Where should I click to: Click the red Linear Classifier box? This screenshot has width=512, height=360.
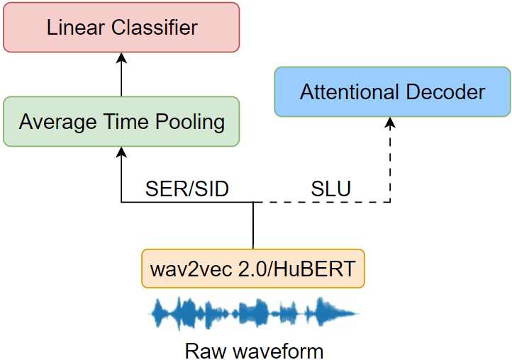(x=121, y=27)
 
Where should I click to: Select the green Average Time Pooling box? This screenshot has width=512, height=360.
(x=121, y=121)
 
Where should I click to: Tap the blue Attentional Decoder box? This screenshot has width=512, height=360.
(x=392, y=91)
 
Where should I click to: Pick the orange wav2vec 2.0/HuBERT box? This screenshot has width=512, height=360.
(x=253, y=269)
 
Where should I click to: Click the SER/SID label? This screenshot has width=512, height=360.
(x=187, y=189)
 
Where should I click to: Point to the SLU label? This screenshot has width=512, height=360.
(x=330, y=189)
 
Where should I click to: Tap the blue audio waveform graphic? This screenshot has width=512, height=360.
(x=254, y=313)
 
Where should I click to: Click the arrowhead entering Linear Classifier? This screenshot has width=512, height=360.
(x=121, y=57)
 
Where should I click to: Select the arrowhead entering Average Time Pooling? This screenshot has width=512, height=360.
(x=121, y=152)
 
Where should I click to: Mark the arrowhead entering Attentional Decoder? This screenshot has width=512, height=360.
(x=390, y=122)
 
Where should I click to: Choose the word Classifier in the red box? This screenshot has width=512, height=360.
(x=155, y=28)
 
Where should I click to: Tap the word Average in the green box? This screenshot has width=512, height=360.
(x=58, y=122)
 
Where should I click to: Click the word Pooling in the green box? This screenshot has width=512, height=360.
(x=190, y=122)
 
